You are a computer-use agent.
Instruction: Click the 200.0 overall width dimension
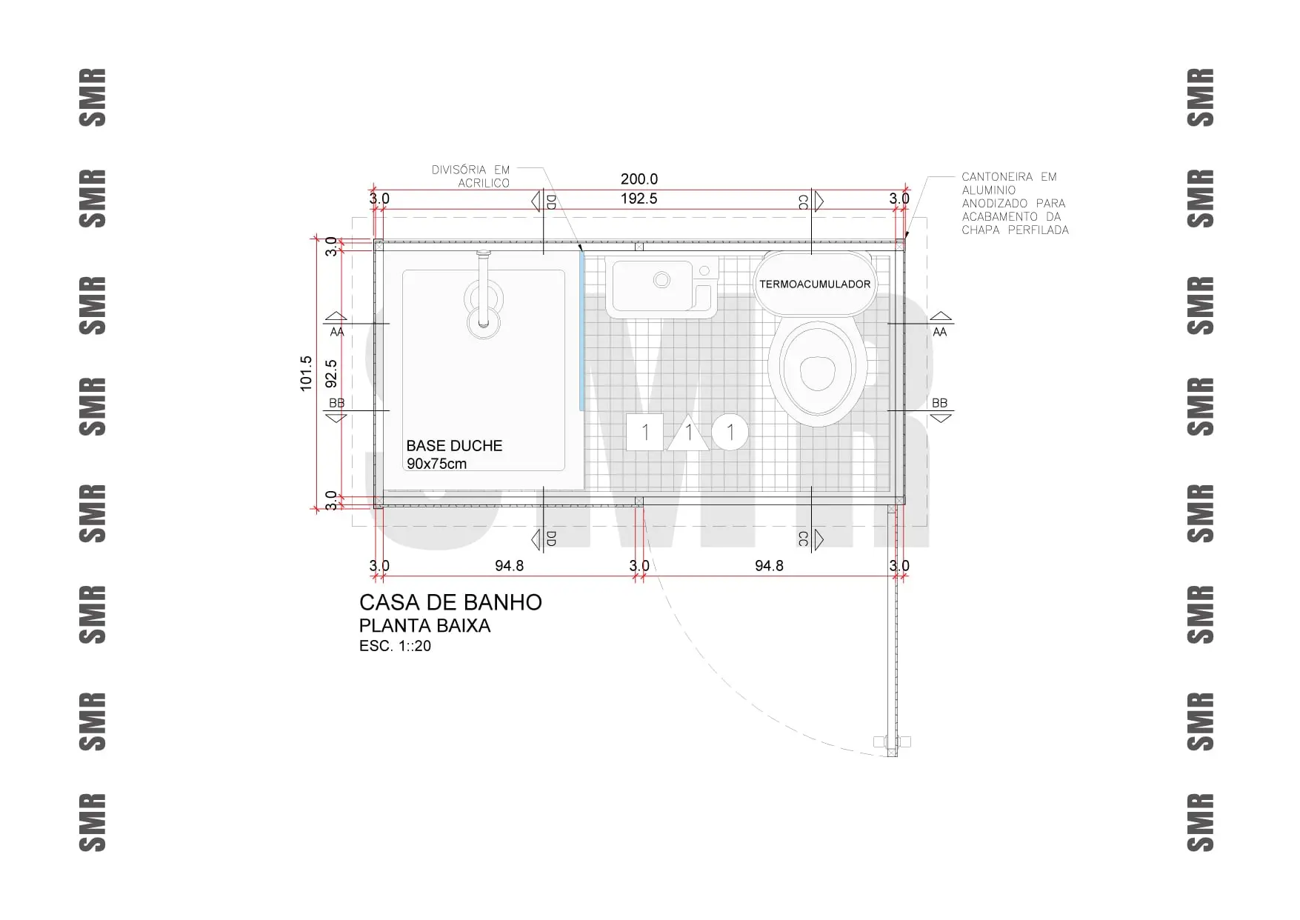639,179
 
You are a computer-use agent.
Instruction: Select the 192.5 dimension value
639,199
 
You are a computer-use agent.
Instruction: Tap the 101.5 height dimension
306,373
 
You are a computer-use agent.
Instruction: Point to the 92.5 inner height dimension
331,373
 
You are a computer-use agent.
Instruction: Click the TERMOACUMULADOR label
815,284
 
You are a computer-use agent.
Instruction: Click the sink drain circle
662,280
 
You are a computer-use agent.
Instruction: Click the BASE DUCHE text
454,446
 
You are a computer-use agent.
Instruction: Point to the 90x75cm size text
436,464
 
